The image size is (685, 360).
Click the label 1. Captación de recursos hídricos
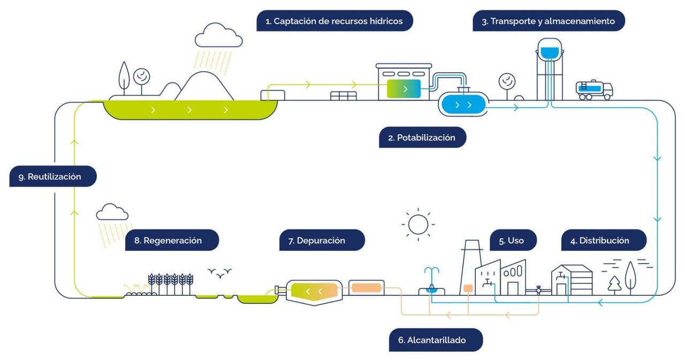[x=334, y=21]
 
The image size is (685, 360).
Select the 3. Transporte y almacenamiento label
[x=549, y=21]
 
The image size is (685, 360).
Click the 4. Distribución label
[x=604, y=241]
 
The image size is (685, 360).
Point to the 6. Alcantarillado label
[x=436, y=340]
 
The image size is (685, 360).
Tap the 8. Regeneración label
[x=172, y=241]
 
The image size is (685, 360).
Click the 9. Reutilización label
[x=53, y=177]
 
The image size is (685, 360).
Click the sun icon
[x=417, y=224]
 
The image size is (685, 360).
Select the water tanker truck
[x=594, y=90]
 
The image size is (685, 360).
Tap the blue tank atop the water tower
[x=549, y=52]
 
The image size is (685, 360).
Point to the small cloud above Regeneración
[x=112, y=212]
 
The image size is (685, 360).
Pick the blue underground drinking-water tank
[x=463, y=104]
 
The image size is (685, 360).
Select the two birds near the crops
[x=220, y=273]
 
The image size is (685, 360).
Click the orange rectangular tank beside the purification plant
[x=367, y=288]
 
